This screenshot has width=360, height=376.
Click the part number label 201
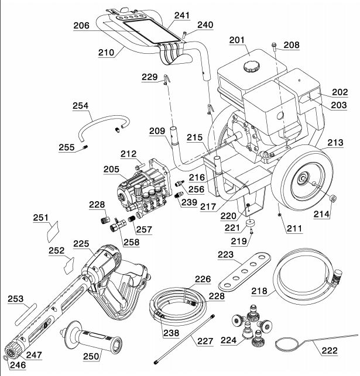click(238, 40)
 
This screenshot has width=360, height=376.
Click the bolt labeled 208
click(273, 45)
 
